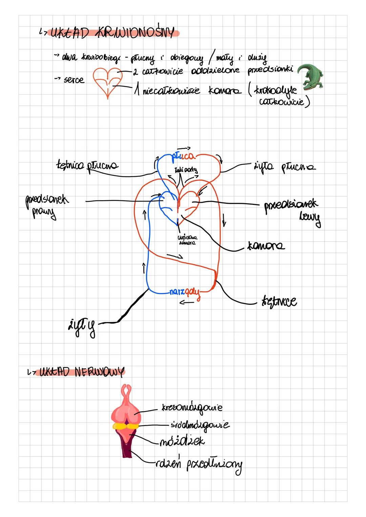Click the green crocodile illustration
point(310,77)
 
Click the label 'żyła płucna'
point(284,167)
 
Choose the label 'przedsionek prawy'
point(46,206)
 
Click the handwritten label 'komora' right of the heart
point(266,245)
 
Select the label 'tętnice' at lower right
point(279,301)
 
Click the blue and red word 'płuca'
point(183,156)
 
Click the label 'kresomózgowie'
point(192,408)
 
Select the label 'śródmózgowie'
point(200,425)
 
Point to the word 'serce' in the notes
point(74,80)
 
